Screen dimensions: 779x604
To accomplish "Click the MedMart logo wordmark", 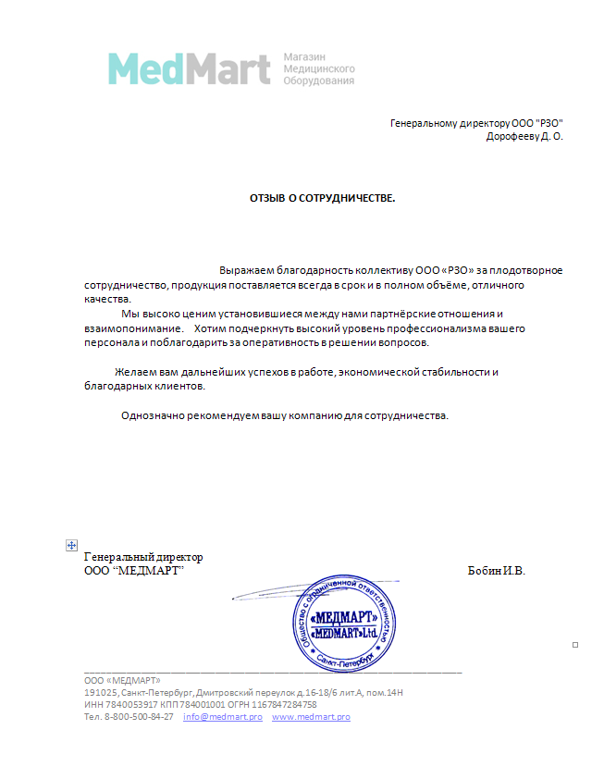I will [189, 68].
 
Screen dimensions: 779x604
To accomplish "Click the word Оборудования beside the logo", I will [318, 81].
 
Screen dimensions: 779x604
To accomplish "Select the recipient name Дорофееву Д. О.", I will [524, 136].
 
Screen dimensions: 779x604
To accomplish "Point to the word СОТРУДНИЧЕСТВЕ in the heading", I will [347, 198].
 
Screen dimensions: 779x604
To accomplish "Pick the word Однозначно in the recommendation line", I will [152, 414].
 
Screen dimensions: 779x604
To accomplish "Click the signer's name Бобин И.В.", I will [497, 571].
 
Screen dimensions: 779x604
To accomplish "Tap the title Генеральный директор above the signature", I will [143, 557].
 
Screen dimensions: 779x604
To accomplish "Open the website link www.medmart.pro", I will [311, 717].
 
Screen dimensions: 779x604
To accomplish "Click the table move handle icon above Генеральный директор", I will [71, 546].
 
